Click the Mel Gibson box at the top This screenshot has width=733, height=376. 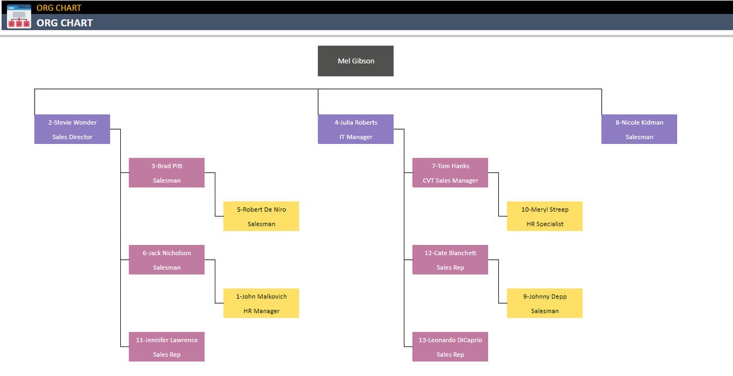356,61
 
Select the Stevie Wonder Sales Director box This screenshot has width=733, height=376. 72,129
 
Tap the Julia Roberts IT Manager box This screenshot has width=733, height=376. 356,129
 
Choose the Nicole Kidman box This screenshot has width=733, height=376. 639,129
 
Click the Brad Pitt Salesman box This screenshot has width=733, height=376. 167,173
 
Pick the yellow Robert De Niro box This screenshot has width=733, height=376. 261,217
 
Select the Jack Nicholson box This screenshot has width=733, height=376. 167,260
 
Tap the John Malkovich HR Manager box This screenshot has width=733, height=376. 261,303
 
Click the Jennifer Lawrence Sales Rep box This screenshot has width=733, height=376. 167,347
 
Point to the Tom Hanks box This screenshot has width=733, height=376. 450,173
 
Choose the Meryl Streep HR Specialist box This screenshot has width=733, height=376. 545,217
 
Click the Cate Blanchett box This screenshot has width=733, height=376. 450,260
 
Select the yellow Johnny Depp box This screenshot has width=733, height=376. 545,303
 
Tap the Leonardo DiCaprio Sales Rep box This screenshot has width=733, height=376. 450,347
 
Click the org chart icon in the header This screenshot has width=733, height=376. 19,16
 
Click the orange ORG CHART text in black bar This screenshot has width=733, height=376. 59,8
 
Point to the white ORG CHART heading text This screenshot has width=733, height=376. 64,23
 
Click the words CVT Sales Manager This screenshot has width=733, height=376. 450,181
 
